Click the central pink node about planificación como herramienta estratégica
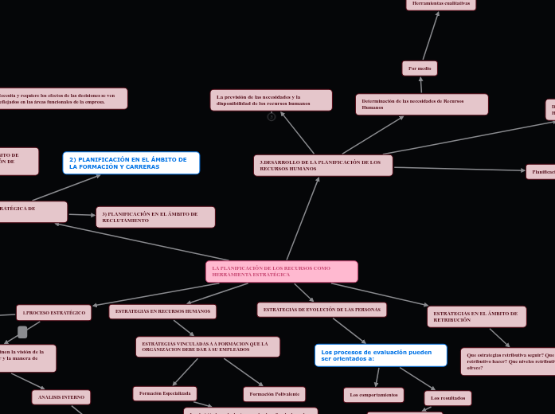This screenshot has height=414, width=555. (281, 271)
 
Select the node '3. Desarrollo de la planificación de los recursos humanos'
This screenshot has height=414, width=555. (322, 166)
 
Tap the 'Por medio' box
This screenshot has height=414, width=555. (420, 68)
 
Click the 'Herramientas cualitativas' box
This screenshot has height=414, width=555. (440, 4)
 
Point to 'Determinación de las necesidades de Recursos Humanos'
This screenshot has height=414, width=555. (421, 104)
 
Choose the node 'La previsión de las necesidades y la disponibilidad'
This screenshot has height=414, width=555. (271, 100)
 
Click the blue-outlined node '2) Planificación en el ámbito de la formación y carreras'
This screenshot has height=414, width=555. (131, 163)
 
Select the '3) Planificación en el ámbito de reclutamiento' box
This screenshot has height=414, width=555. (155, 217)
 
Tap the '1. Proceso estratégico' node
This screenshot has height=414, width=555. (53, 313)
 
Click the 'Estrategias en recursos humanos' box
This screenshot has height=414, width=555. (162, 311)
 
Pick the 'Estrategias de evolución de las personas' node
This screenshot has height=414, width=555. (322, 310)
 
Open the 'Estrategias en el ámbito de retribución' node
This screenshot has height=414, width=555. (476, 317)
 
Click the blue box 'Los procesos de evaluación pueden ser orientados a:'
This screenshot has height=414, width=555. (381, 355)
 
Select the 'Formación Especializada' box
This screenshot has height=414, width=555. (165, 393)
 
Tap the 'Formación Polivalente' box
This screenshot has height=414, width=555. (274, 394)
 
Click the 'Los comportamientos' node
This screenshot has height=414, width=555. (373, 395)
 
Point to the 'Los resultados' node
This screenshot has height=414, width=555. (448, 398)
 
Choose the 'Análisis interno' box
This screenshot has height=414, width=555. (61, 397)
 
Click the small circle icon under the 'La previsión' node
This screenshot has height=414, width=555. (272, 117)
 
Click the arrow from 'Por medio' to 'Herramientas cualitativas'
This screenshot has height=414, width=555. (431, 36)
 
